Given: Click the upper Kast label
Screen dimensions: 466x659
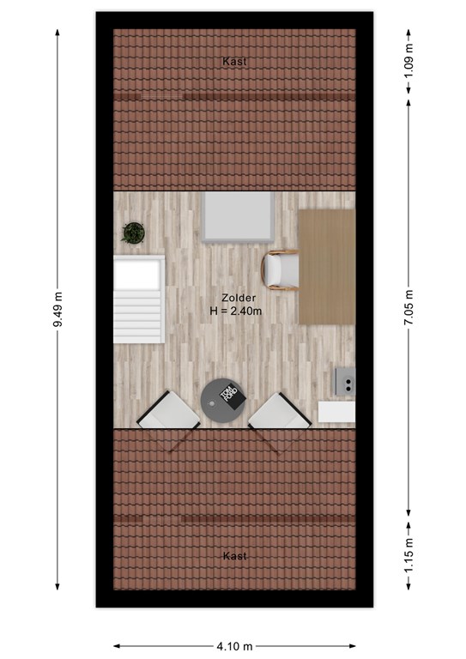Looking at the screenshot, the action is point(234,62).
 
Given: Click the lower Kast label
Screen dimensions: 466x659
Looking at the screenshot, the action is point(234,556).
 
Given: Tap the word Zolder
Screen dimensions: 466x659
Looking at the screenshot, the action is point(239,298).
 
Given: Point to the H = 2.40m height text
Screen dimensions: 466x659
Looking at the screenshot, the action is point(236,311).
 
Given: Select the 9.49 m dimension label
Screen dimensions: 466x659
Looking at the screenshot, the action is point(57,309).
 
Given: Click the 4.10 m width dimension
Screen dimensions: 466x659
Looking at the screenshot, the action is point(234,646).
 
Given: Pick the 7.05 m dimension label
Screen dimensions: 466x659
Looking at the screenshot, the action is point(409,307).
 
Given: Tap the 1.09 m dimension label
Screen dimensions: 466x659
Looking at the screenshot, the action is point(409,62).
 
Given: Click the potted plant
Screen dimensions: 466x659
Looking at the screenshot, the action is point(133,233).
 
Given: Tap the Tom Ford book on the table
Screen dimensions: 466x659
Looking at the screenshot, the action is point(230,396).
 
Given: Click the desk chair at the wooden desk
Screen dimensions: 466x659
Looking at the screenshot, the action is point(280,269).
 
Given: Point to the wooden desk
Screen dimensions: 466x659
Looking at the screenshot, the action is point(327,267).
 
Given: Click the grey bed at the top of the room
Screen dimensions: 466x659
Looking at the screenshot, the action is point(239,217).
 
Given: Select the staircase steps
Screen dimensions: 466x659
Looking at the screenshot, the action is point(138,299).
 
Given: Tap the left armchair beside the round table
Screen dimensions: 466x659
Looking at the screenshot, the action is point(168,410).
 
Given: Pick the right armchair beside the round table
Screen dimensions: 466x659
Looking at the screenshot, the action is point(280,411).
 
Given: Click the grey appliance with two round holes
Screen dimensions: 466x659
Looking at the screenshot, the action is point(345,381).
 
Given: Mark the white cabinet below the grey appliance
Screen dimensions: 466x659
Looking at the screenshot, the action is point(336,412).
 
